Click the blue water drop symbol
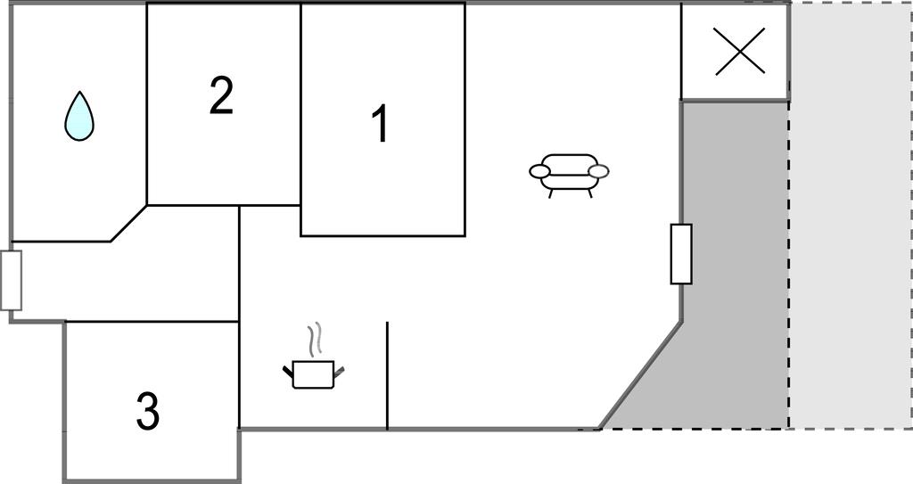coord(79,117)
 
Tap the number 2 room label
coord(221,96)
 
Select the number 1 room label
coord(380,124)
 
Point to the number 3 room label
coord(148,411)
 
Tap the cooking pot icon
coord(313,373)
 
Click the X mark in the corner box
coord(740,51)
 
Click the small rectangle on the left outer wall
coord(11,280)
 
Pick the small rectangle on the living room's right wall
coord(681,254)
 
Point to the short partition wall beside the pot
coord(387,374)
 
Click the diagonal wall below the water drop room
coord(128,224)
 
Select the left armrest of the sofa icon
coord(539,171)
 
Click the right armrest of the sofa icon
coord(599,171)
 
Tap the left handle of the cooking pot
coord(288,369)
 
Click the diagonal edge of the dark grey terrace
coord(641,374)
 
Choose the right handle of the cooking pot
coord(339,369)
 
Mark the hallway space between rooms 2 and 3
coord(125,281)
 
